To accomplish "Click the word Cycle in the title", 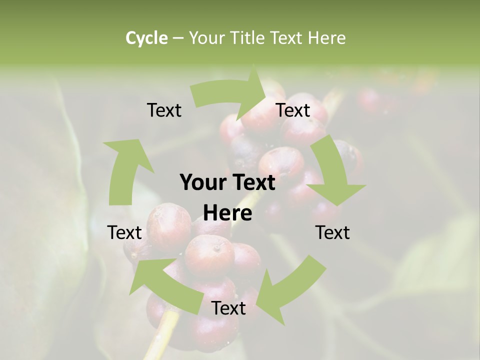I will [146, 38].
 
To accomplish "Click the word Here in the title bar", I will [326, 38].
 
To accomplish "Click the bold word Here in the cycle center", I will [227, 213].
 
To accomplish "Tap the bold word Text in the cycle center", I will [252, 183].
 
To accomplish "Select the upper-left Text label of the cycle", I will [164, 110].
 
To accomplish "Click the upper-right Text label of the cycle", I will [293, 110].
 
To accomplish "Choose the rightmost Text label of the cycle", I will [332, 233].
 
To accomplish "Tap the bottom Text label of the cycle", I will [228, 308].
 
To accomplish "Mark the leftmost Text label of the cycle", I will [124, 233].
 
